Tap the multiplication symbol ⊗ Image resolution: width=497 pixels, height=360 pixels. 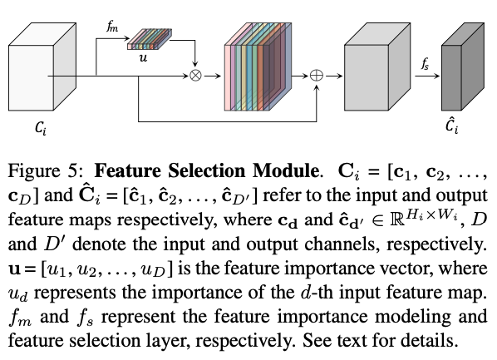(196, 76)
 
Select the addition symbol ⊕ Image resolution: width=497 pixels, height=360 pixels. (319, 76)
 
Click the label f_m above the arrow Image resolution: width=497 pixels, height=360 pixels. (112, 27)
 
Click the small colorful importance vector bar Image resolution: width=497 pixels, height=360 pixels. (150, 42)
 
